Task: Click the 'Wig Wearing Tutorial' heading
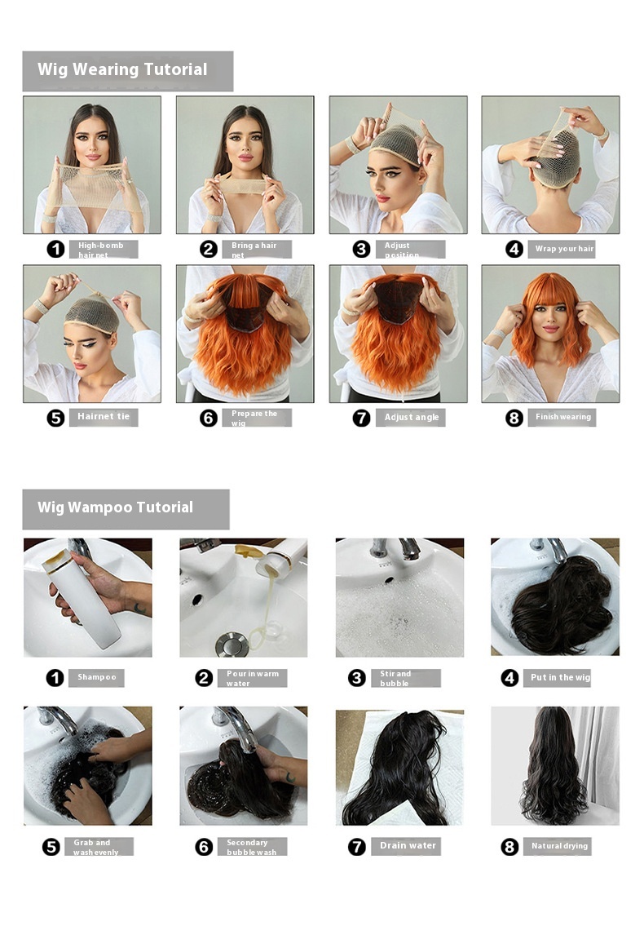click(x=122, y=70)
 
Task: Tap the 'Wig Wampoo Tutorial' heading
click(x=115, y=507)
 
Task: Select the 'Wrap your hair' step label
click(x=563, y=249)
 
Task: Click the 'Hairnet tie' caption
click(x=103, y=417)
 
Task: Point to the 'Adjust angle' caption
click(x=411, y=418)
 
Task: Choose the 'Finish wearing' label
click(x=562, y=417)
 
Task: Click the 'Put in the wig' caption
click(x=559, y=677)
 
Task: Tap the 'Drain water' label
click(x=408, y=846)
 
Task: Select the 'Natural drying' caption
click(x=558, y=846)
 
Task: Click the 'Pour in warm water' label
click(x=253, y=678)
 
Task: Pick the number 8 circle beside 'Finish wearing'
click(x=514, y=418)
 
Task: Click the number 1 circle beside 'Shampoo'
click(x=55, y=677)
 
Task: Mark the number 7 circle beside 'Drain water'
click(x=357, y=847)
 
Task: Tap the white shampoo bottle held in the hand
click(x=86, y=600)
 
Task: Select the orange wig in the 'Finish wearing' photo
click(x=551, y=318)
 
